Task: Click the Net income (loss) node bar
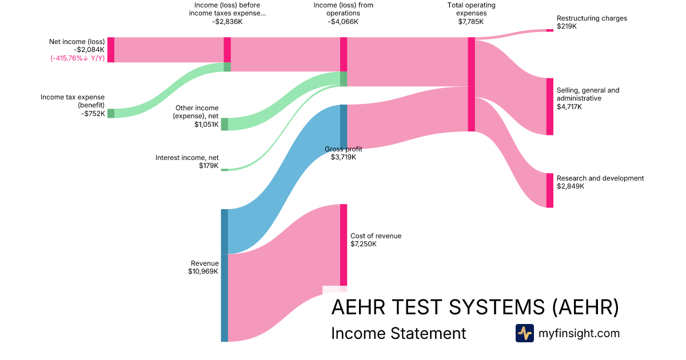[111, 50]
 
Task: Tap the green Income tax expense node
[111, 113]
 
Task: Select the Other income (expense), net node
[224, 124]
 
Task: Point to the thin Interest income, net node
[224, 170]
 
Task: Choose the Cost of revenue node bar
[344, 245]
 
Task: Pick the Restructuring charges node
[549, 30]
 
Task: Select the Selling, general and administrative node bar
[549, 106]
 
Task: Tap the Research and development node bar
[549, 190]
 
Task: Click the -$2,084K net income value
[89, 50]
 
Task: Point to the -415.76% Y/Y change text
[78, 58]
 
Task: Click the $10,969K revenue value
[203, 271]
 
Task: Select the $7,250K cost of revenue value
[363, 244]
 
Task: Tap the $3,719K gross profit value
[343, 157]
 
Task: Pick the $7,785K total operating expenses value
[470, 22]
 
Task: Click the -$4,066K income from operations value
[343, 22]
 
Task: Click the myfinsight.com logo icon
[524, 333]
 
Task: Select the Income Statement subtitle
[398, 333]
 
